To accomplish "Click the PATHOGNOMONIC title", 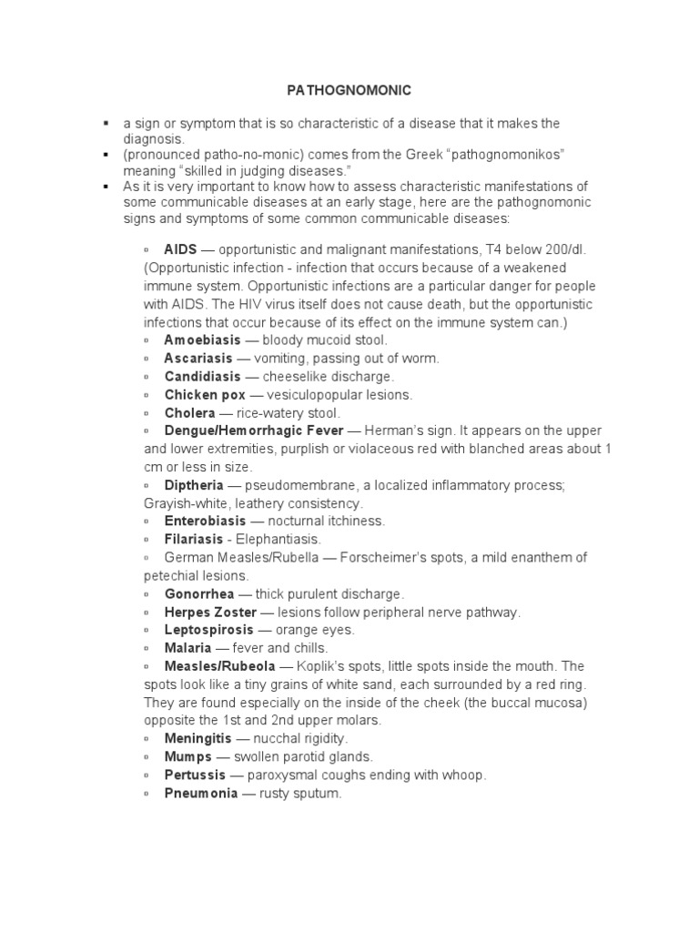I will click(349, 90).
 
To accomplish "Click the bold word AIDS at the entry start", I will click(180, 249).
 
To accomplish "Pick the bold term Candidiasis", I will click(202, 377).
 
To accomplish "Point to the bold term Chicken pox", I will click(199, 395).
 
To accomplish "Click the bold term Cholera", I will click(188, 413).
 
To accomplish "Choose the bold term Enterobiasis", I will click(205, 521).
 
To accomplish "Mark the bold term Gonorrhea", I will click(198, 593).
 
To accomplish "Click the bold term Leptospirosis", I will click(208, 630).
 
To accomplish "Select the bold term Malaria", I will click(187, 648).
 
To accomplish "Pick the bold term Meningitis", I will click(198, 738).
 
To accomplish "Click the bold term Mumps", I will click(187, 756).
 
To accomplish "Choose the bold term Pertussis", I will click(195, 775).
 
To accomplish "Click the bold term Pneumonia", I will click(200, 793).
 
